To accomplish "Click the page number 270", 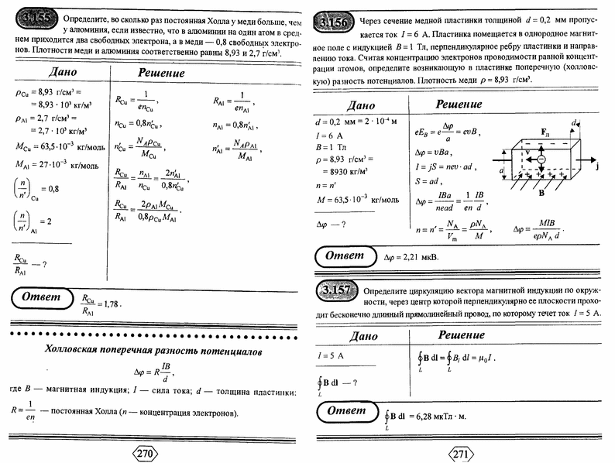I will click(x=147, y=451).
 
